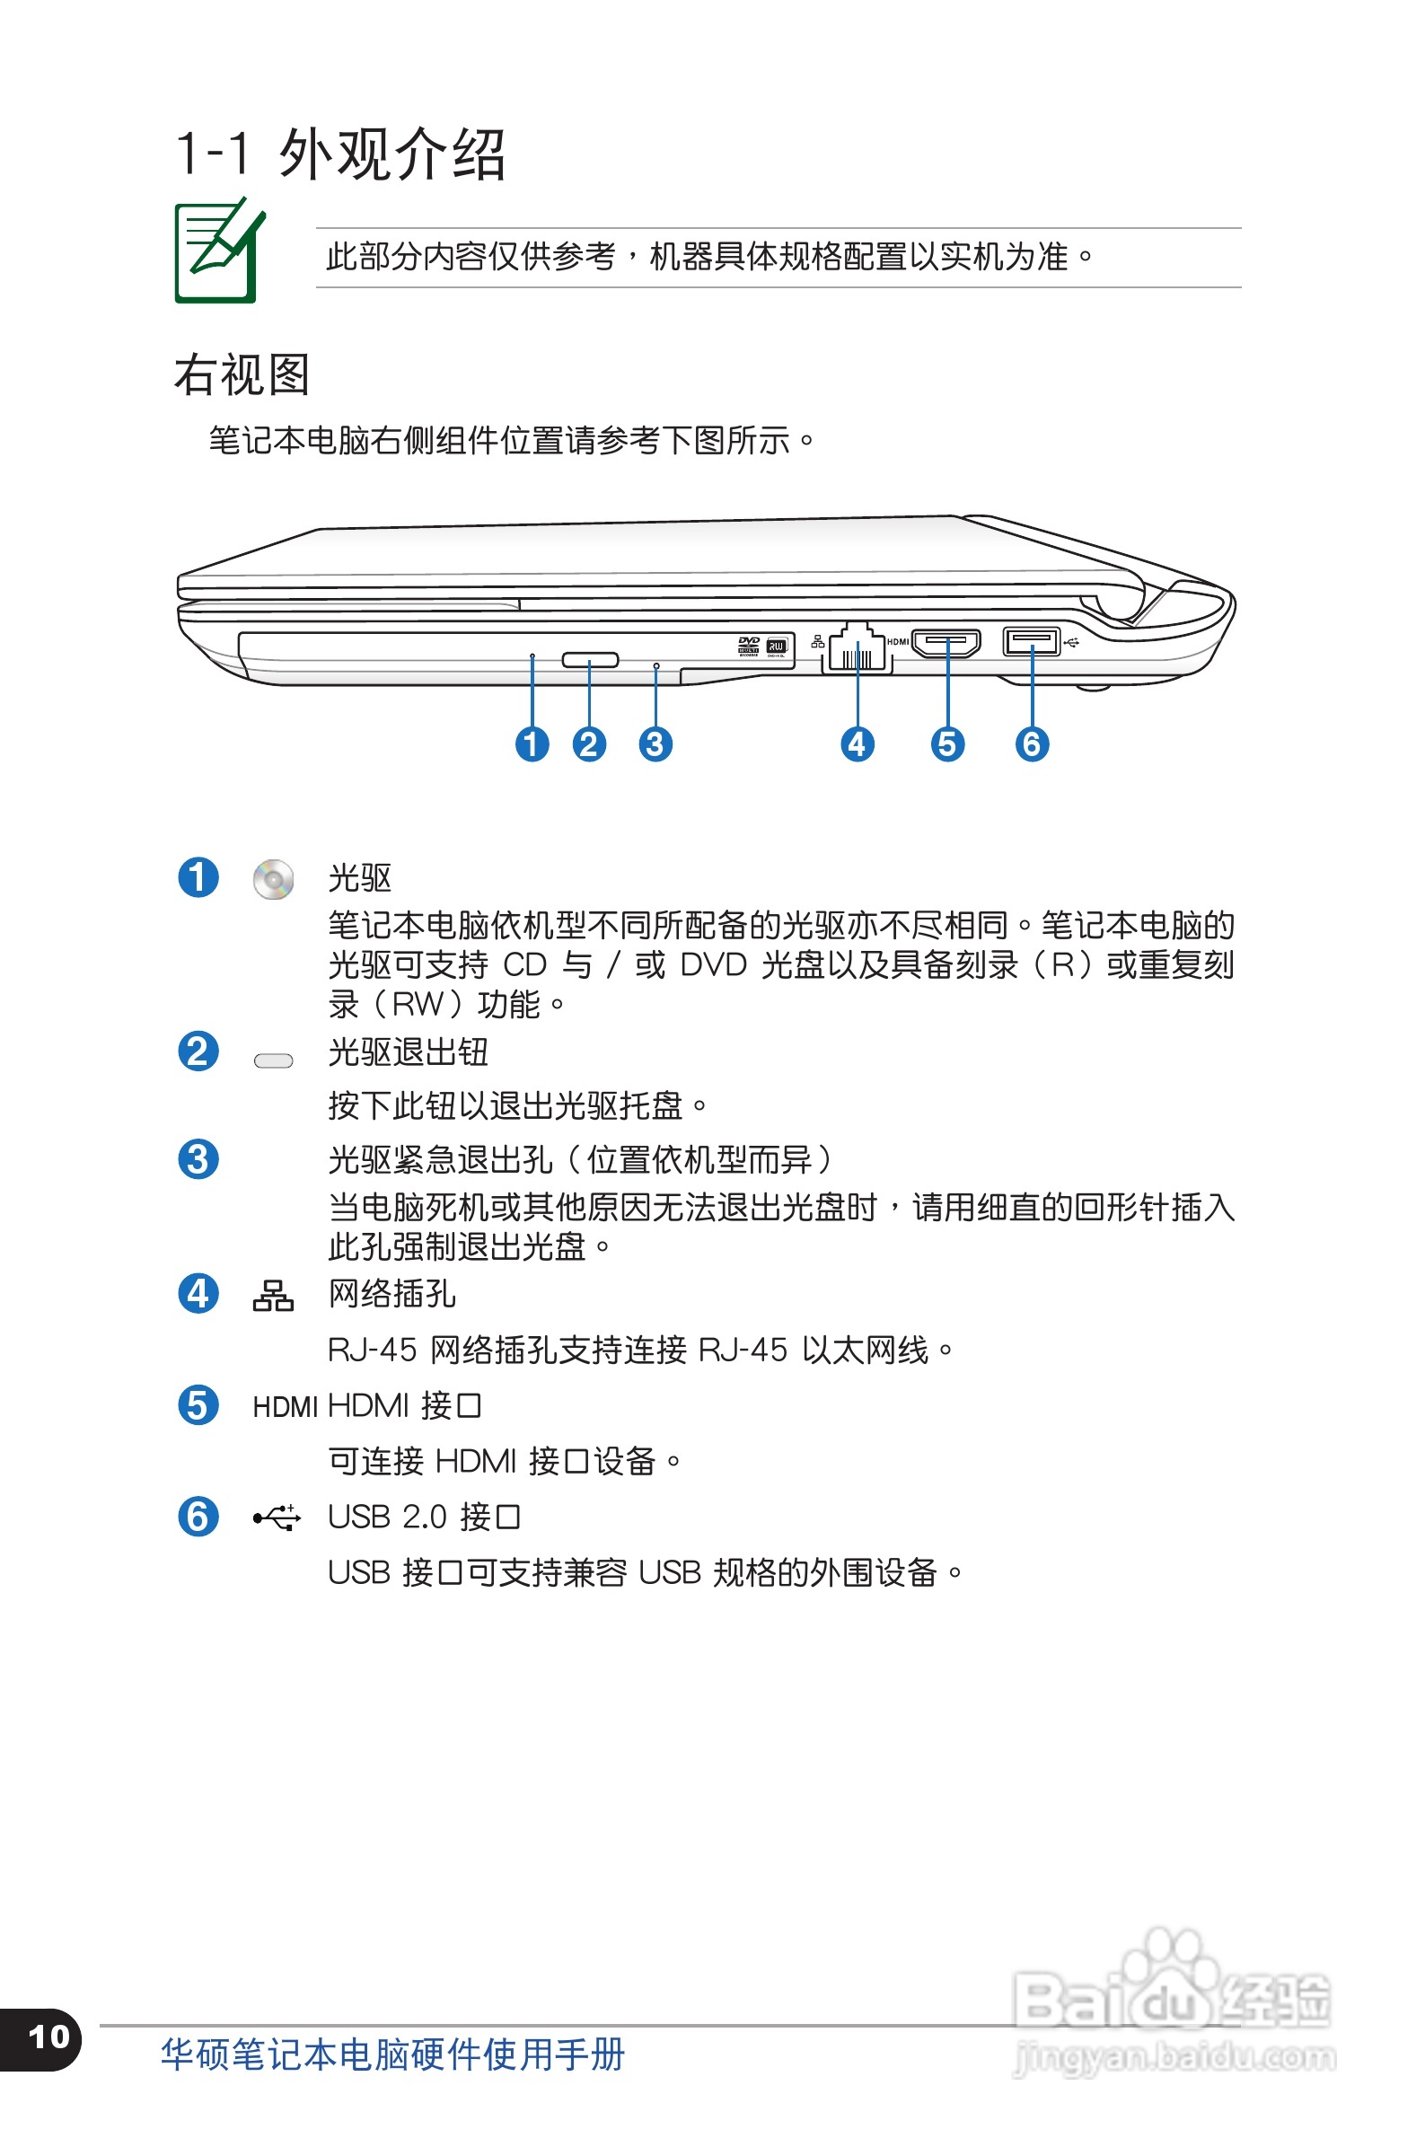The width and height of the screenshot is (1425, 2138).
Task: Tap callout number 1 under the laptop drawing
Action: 532,744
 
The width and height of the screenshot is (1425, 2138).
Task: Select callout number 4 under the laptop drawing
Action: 857,744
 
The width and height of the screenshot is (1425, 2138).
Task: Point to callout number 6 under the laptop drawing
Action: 1032,744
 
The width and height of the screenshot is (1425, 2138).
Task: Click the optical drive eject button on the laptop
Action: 590,659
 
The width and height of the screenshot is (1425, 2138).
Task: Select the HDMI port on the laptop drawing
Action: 946,643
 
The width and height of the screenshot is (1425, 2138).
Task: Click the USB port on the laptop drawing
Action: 1031,641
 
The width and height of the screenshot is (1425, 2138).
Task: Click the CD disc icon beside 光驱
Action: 273,880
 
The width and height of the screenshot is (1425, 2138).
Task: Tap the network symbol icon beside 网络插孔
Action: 273,1295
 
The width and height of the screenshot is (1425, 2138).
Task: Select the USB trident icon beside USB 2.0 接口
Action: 277,1517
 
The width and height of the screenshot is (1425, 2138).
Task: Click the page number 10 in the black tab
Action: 49,2037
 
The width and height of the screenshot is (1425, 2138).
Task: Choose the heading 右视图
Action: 242,374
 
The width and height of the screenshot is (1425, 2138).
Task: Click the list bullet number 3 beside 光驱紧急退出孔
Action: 198,1159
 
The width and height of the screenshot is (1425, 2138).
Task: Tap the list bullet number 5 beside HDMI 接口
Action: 198,1404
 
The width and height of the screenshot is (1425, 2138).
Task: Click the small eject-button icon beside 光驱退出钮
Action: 273,1060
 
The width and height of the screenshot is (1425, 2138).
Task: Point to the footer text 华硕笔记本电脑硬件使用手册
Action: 392,2054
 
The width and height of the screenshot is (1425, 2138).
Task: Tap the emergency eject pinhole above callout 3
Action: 656,666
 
